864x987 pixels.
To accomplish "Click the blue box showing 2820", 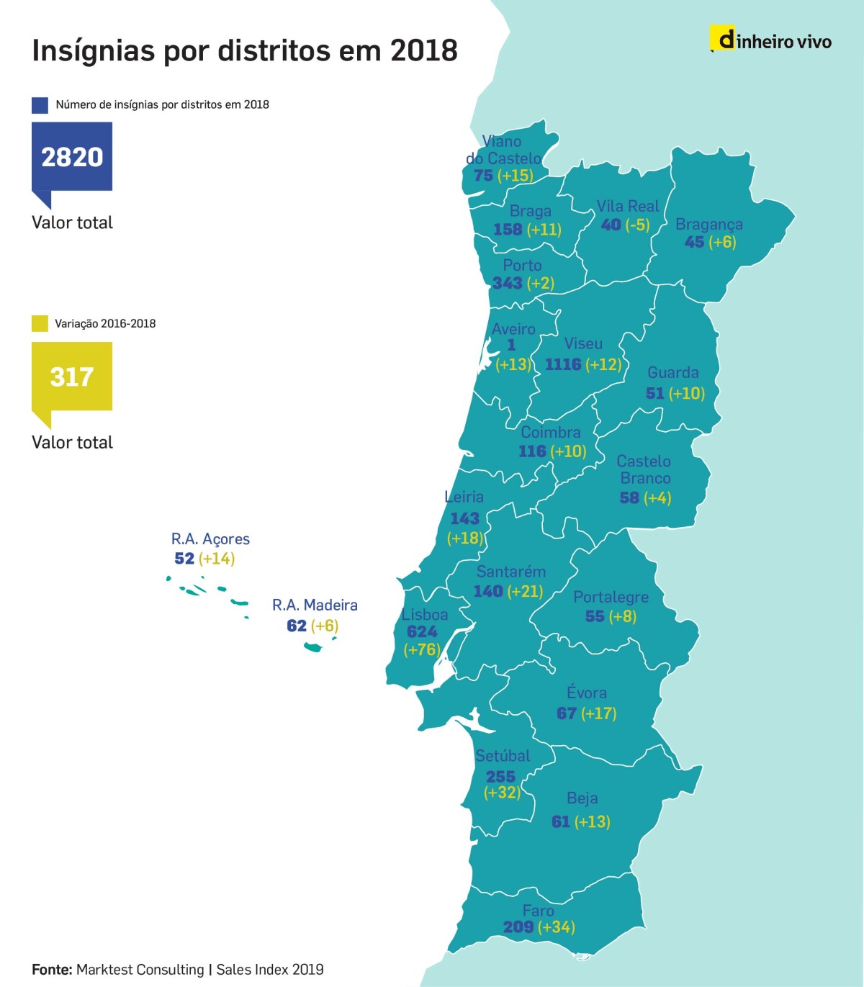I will pos(72,156).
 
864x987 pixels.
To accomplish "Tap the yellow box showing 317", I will pos(72,376).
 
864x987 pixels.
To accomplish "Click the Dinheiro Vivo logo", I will pos(771,40).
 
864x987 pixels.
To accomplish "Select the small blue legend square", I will pos(40,105).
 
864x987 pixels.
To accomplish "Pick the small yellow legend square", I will pos(40,324).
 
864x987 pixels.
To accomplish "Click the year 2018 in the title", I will pos(423,51).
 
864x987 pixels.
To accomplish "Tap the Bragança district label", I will pos(708,225).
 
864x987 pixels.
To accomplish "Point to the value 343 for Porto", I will pos(507,283).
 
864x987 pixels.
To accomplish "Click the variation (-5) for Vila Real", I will pos(637,225).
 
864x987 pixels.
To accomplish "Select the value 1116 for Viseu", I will pos(562,364).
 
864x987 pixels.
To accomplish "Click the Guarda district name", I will pos(672,372).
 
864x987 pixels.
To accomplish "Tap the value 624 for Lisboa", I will pos(422,631).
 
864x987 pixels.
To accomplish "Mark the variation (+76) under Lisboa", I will pos(422,649).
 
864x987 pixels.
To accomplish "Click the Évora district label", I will pos(586,693).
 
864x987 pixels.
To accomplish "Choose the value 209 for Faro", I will pos(518,927).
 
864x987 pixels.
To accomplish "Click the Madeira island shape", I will pos(314,646).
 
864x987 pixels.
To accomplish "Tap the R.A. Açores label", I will pos(210,539).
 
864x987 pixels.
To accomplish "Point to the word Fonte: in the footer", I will pos(52,970).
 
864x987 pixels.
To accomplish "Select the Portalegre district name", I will pos(611,597).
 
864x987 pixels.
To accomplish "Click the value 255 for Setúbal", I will pos(500,776).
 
